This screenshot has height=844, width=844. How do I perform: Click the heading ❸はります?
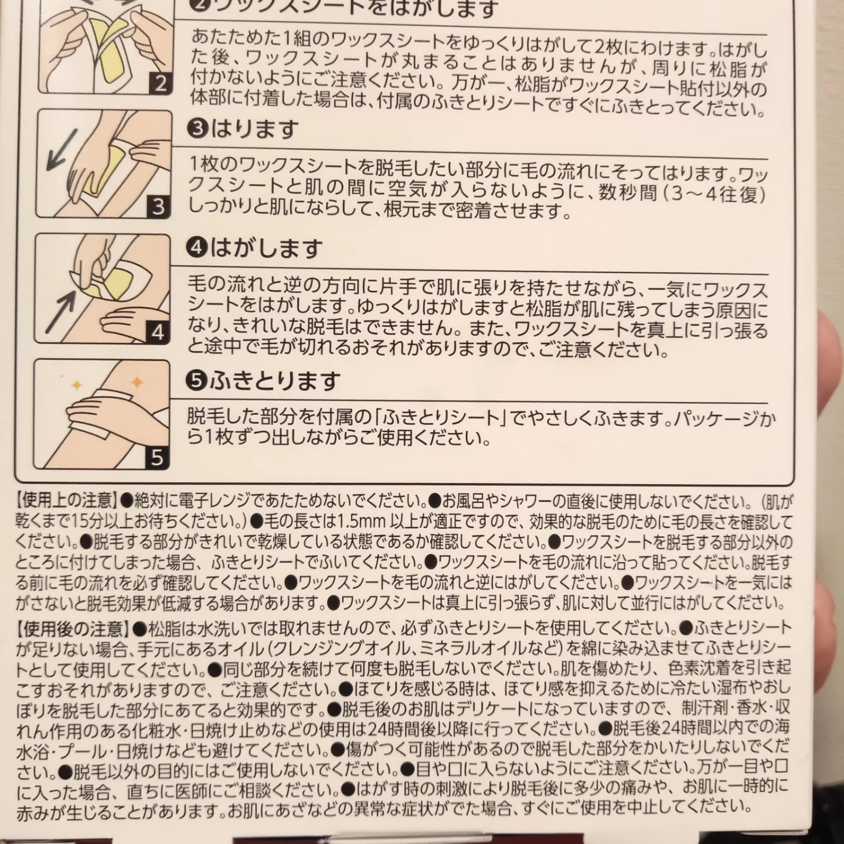click(x=242, y=130)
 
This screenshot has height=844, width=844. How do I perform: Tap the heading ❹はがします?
click(x=254, y=249)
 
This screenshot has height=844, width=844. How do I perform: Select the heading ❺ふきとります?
click(x=263, y=380)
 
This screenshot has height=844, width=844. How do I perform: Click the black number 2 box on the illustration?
click(x=160, y=82)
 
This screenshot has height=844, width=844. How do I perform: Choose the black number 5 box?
click(x=156, y=458)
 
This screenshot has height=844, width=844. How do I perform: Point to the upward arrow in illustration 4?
click(x=61, y=311)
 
